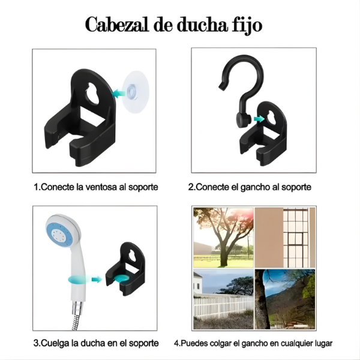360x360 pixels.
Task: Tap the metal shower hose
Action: (x=77, y=316)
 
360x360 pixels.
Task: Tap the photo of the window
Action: (x=286, y=238)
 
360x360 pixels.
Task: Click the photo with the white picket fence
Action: (x=223, y=299)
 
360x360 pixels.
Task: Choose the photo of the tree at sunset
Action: (x=223, y=238)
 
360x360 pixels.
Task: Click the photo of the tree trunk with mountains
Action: (x=286, y=299)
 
